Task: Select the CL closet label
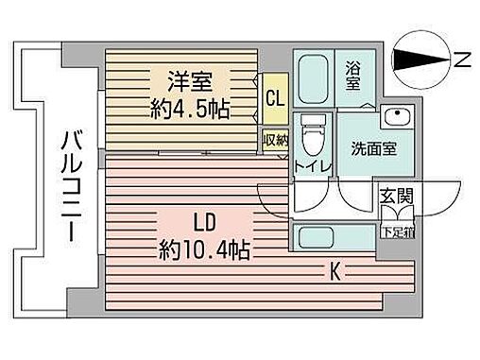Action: pyautogui.click(x=275, y=96)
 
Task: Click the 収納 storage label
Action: pyautogui.click(x=275, y=139)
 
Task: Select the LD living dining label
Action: pyautogui.click(x=204, y=224)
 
